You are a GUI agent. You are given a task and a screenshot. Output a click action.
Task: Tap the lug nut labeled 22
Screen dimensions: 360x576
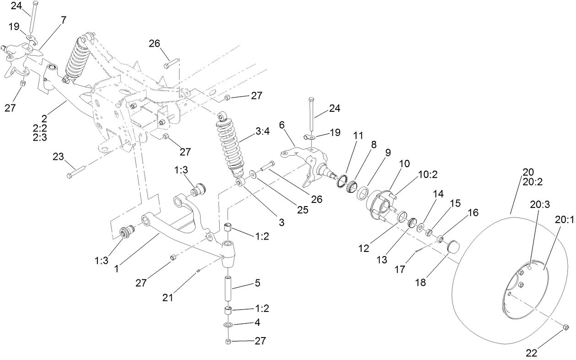[565, 327]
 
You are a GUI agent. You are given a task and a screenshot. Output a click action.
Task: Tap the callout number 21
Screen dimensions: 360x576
[169, 297]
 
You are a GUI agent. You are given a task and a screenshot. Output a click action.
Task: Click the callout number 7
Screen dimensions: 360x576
[63, 20]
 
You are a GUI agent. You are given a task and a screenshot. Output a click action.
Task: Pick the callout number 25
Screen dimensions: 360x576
[302, 209]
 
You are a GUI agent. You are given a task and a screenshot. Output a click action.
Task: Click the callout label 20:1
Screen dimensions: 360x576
[564, 219]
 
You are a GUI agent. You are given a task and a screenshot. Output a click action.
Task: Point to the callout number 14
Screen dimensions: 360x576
[439, 194]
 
